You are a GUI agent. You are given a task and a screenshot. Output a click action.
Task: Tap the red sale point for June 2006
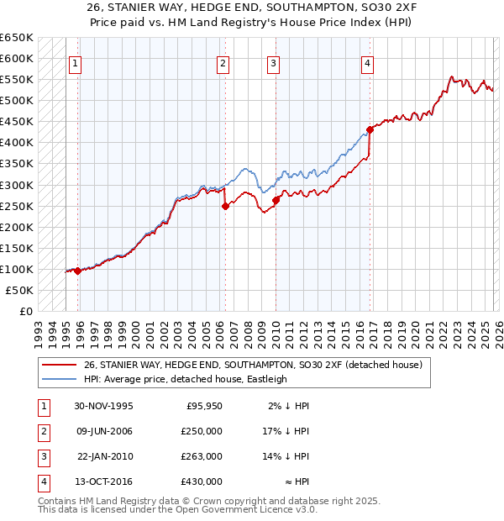[225, 206]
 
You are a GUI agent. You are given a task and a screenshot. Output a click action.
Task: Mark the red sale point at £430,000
[370, 130]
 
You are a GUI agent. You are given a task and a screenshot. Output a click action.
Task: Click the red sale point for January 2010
[276, 200]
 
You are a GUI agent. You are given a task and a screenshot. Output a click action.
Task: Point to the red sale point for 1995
[78, 271]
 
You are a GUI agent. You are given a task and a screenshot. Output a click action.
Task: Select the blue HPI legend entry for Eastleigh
[186, 379]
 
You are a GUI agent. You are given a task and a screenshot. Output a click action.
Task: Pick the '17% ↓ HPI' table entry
[287, 431]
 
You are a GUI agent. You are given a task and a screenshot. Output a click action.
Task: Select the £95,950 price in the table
[204, 406]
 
